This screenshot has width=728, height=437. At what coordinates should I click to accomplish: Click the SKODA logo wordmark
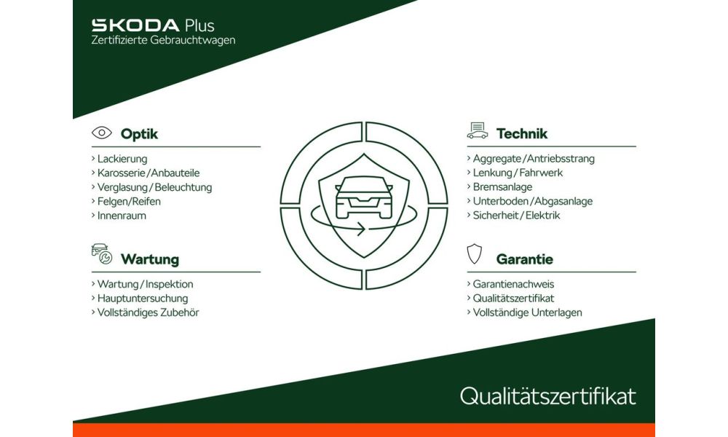135,25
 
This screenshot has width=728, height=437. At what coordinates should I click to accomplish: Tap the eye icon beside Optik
102,133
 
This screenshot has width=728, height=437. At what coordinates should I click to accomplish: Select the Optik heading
139,134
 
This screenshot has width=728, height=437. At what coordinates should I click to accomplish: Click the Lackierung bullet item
122,159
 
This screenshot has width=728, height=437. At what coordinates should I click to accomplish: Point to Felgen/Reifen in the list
129,202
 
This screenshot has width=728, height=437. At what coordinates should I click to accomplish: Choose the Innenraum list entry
122,216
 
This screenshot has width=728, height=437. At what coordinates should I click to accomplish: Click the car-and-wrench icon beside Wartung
102,253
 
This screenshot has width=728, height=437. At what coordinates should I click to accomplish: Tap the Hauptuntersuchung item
143,298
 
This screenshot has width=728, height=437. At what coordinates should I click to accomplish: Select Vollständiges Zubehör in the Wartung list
148,312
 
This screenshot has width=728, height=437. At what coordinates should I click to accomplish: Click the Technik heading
522,134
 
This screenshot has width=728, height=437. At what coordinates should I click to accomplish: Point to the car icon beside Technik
478,130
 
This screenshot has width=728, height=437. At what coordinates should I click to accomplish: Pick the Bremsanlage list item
502,187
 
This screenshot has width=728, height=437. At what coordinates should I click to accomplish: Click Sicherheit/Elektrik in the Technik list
516,216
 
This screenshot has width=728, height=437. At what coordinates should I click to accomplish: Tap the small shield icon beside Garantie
474,253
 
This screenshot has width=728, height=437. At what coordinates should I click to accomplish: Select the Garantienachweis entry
513,284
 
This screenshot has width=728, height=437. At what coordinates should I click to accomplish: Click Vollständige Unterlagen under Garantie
527,312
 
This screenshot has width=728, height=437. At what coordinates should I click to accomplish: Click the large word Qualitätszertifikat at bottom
548,396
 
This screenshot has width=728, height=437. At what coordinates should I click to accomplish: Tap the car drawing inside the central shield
364,197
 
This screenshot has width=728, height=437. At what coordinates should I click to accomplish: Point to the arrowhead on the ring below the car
361,229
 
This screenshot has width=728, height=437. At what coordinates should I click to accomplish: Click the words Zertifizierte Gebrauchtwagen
163,40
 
